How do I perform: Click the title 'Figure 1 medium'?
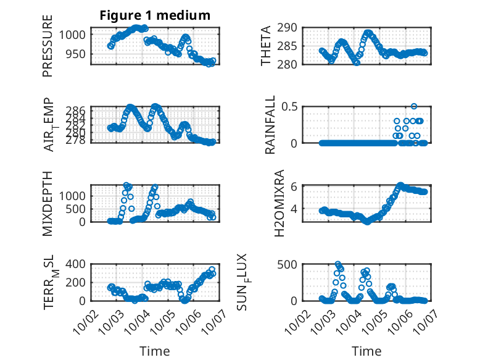click(x=155, y=15)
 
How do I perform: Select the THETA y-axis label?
click(x=266, y=46)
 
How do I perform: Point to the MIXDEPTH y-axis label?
click(x=48, y=203)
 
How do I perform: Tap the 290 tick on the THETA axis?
click(x=291, y=27)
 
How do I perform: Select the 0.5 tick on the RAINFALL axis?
click(x=291, y=106)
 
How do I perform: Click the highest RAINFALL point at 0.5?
click(x=414, y=106)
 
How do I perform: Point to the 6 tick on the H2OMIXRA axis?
click(x=295, y=186)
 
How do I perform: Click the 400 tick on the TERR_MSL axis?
click(x=78, y=264)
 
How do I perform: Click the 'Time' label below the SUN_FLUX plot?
click(x=366, y=351)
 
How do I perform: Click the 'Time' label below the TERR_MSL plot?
click(x=155, y=351)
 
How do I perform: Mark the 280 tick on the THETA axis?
click(x=291, y=64)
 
